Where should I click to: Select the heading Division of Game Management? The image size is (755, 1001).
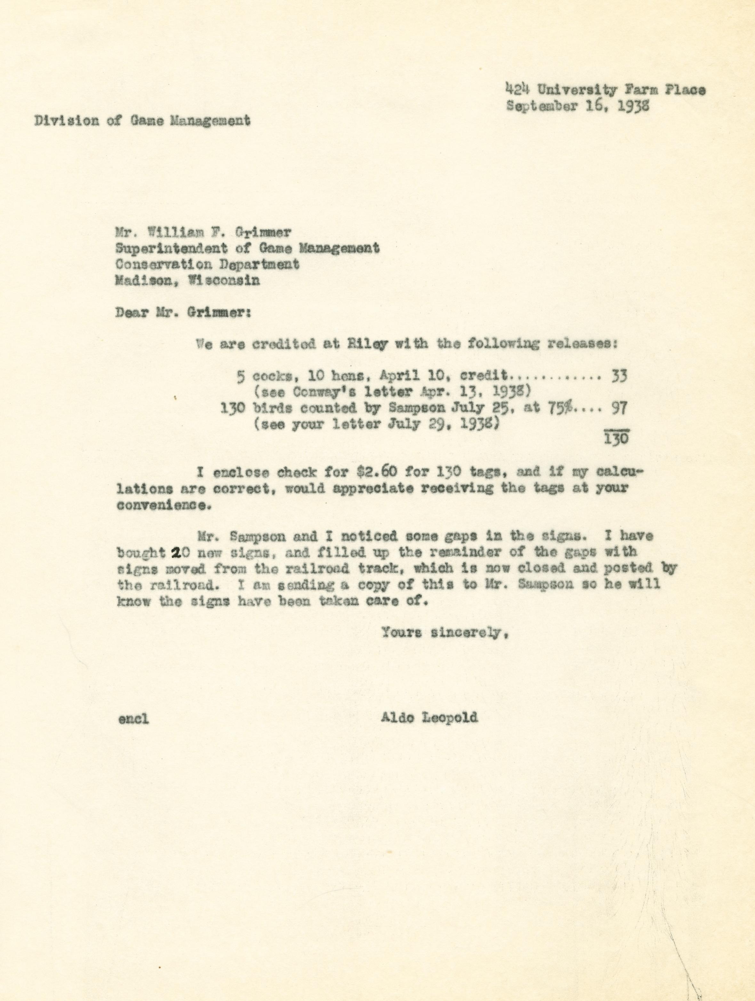[142, 121]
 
